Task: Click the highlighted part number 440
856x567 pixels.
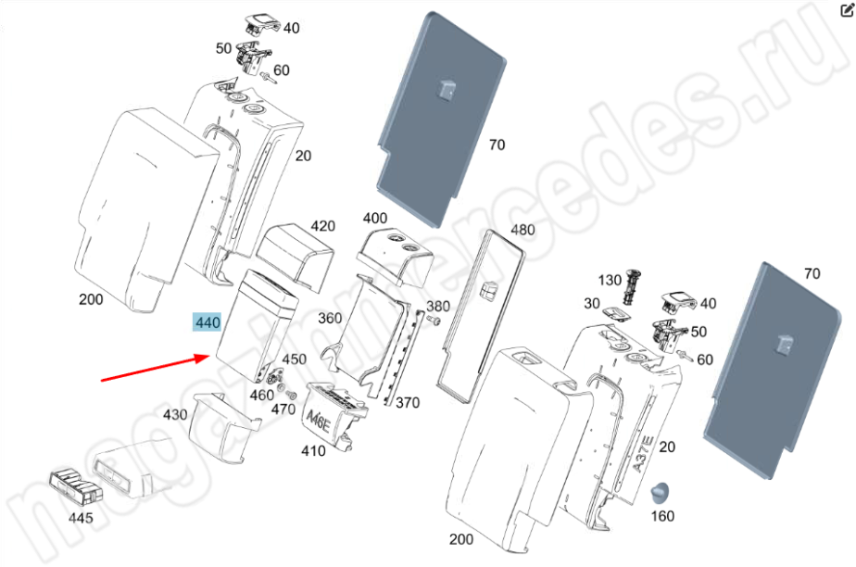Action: pos(208,322)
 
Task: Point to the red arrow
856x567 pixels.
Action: pos(156,369)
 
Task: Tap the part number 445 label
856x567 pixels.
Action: pos(81,517)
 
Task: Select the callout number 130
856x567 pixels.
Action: pos(610,281)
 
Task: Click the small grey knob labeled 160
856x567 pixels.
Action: pos(660,492)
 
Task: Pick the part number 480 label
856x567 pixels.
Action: pos(522,230)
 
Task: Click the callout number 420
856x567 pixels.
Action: pos(322,226)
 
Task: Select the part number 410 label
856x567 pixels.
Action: pos(313,451)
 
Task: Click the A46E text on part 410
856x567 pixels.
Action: pos(319,421)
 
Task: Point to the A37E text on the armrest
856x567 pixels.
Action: pos(642,453)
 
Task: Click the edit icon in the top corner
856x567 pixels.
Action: pos(847,10)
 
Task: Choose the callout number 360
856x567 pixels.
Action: pos(330,318)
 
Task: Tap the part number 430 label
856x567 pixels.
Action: pos(175,415)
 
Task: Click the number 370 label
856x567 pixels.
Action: pos(408,403)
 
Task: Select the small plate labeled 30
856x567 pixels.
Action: pos(615,313)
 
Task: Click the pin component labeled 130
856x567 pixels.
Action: pos(632,286)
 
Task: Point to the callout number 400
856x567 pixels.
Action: pos(375,219)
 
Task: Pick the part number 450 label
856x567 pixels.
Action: pos(294,359)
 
